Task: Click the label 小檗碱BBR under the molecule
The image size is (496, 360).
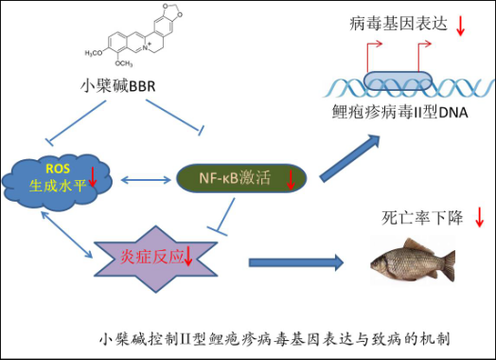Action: point(117,86)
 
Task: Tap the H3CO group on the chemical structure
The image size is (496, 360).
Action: point(94,53)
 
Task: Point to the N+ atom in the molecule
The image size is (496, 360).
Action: point(147,47)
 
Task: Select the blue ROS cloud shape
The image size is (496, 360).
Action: point(57,182)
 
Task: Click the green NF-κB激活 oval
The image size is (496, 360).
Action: point(241,178)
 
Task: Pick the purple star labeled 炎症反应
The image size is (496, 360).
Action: point(156,259)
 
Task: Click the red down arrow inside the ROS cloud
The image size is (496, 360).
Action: point(93,176)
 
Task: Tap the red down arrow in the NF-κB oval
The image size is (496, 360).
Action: point(291,180)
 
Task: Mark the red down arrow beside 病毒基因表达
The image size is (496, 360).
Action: point(460,26)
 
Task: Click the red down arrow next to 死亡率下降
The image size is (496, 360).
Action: point(480,217)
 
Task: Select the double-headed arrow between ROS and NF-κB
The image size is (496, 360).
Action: point(146,180)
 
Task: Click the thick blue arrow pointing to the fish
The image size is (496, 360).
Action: point(296,262)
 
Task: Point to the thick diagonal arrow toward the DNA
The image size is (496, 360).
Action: point(349,157)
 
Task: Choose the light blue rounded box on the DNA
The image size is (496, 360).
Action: point(398,81)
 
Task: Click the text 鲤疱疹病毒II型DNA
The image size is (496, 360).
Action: point(399,112)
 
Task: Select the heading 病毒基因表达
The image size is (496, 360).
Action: point(399,24)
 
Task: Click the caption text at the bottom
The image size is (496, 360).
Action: point(275,339)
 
